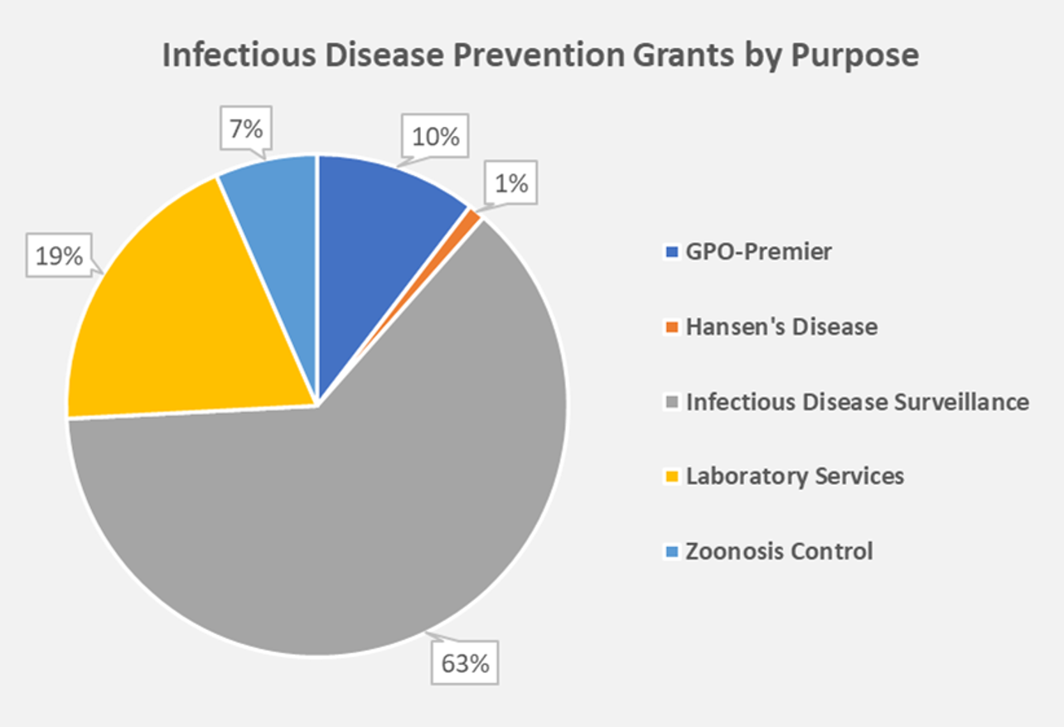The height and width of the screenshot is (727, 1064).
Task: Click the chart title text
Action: [539, 56]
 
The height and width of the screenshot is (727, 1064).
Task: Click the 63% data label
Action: [464, 663]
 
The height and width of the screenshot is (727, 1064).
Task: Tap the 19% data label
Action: [60, 256]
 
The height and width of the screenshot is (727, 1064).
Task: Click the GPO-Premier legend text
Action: [758, 252]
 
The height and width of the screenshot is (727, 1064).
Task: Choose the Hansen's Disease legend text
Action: [781, 327]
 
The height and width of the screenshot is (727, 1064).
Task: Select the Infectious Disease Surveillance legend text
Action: [857, 402]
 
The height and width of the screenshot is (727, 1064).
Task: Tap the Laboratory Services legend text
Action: [795, 477]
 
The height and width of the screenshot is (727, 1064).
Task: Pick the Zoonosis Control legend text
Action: [779, 551]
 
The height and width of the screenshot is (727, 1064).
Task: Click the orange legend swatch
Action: [671, 327]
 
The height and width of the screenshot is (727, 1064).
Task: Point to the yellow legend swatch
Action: [671, 477]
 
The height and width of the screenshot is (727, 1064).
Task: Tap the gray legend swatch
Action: [671, 402]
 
